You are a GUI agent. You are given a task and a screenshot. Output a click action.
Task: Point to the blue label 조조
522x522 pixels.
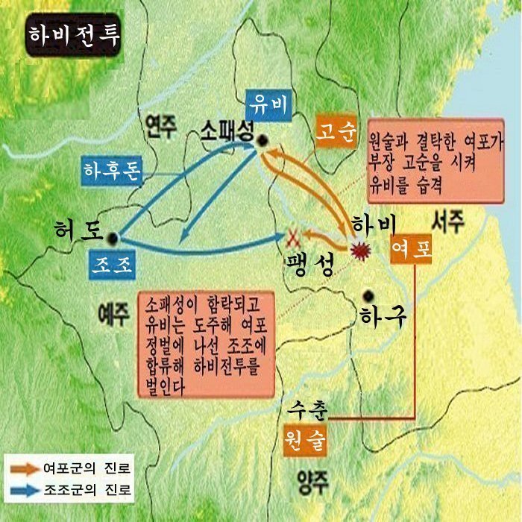point(110,264)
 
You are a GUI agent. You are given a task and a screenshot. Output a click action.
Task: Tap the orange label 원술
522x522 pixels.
point(305,438)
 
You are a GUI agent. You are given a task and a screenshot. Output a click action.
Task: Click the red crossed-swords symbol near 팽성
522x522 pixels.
point(294,238)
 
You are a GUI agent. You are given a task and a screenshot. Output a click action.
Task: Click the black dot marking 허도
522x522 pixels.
point(113,237)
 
